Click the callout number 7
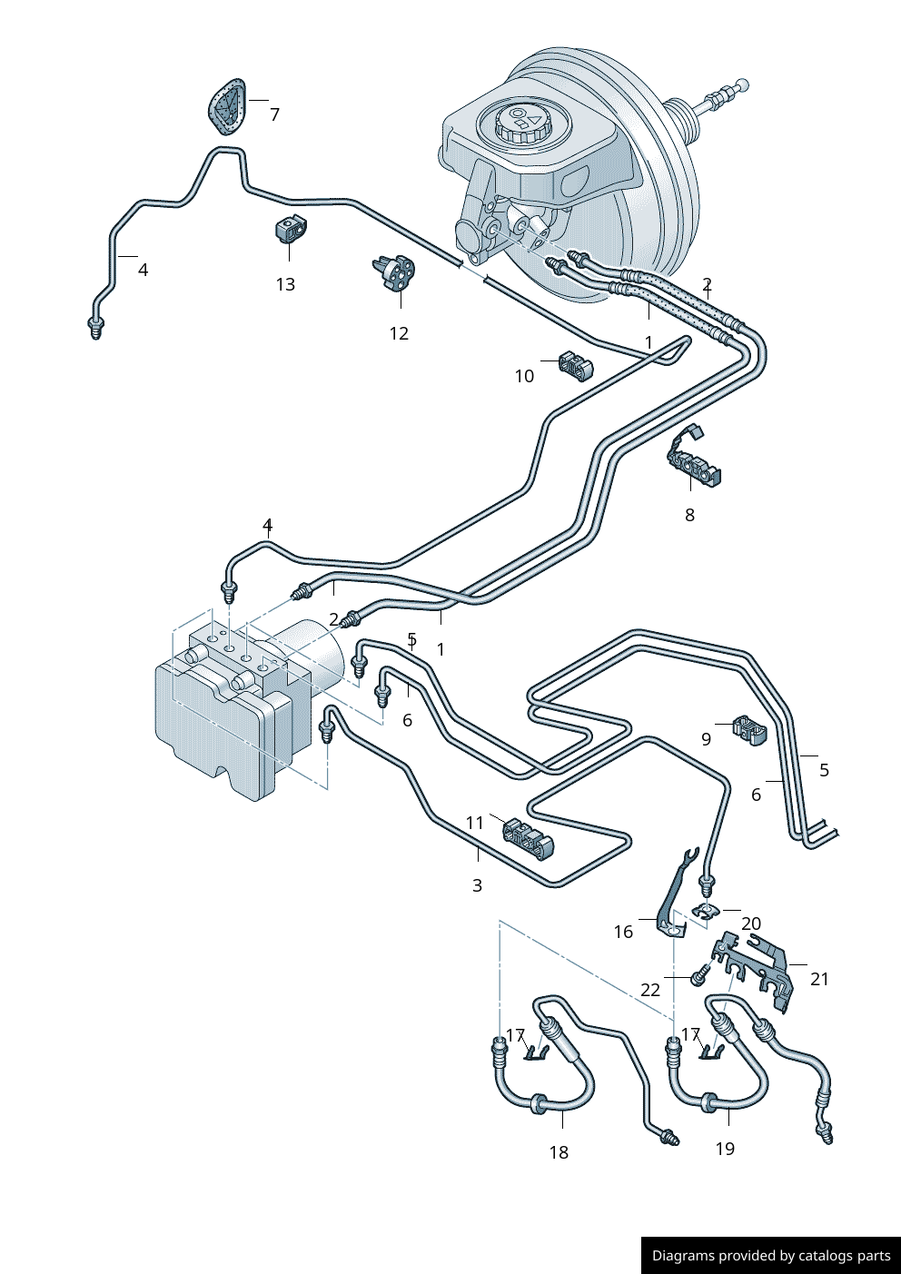(x=274, y=114)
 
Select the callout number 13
(x=285, y=284)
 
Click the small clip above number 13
(x=290, y=229)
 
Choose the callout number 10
(x=524, y=376)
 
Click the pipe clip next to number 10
(x=576, y=366)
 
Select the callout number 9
(x=706, y=739)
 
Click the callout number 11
(x=474, y=823)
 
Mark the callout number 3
(x=477, y=885)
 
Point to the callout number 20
(x=751, y=923)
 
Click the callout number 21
(x=819, y=979)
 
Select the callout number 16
(x=623, y=932)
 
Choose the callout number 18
(x=559, y=1152)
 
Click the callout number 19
(x=725, y=1149)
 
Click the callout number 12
(x=399, y=333)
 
